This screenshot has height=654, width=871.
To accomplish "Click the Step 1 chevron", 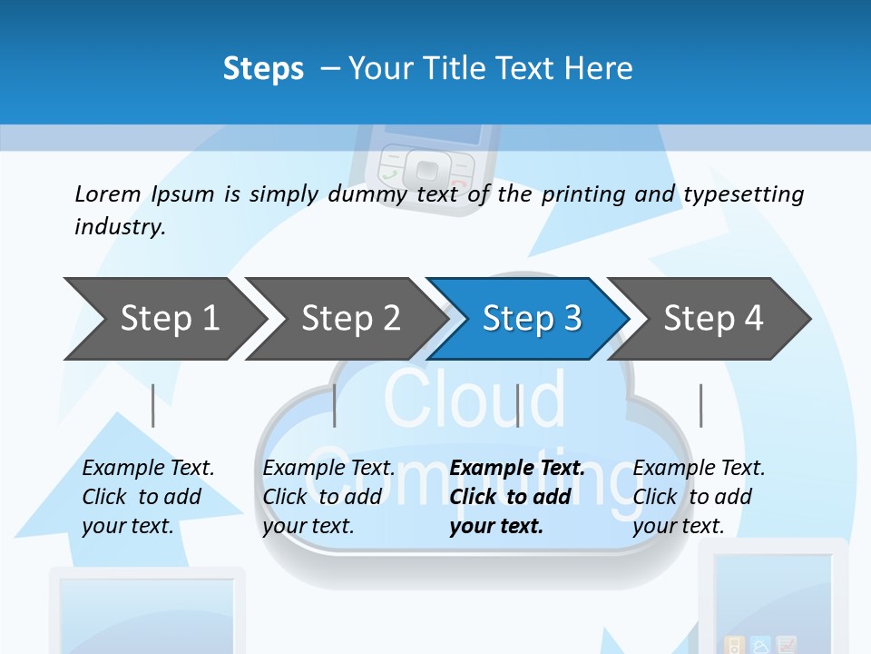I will tap(169, 318).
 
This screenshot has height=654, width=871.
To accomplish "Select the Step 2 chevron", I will tap(350, 318).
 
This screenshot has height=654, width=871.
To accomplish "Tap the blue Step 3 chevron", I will tap(532, 318).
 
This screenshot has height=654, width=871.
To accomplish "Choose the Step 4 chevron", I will tap(713, 318).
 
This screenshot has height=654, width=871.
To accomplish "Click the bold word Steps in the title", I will tap(263, 69).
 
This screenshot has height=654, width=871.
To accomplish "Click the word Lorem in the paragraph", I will tap(108, 193).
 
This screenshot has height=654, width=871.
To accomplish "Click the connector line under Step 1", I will tap(153, 405).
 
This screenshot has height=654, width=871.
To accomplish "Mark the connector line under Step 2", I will tap(335, 405).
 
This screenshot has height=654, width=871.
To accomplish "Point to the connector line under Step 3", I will tap(517, 405).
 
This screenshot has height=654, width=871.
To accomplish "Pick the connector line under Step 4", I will tap(700, 405).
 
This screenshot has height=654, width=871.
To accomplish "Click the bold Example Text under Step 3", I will tap(517, 468).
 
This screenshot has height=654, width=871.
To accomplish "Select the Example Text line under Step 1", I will tap(149, 468).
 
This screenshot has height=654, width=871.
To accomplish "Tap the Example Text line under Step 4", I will tap(699, 468).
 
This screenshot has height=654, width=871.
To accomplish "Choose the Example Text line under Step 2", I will tap(328, 468).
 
